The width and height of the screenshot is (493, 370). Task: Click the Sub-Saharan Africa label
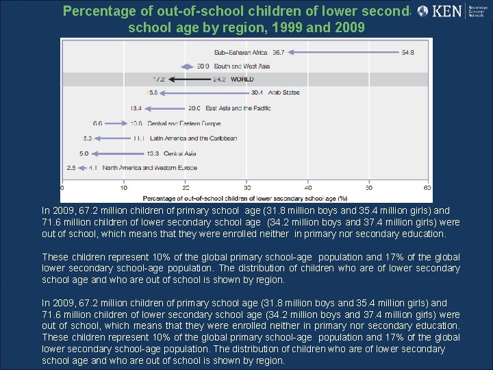241,52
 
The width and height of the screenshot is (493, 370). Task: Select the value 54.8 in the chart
408,52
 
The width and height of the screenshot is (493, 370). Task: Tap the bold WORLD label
242,79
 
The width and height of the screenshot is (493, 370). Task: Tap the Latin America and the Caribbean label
193,138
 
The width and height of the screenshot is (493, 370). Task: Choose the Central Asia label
180,153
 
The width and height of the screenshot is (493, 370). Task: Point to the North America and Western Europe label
149,168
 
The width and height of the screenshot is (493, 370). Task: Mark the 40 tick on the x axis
307,188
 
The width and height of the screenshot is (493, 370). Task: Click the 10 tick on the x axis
124,188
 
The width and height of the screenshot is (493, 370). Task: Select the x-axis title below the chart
245,197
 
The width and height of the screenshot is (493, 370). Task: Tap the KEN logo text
448,11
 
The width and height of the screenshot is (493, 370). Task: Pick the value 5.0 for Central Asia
84,153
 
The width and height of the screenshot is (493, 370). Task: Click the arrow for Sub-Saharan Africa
342,52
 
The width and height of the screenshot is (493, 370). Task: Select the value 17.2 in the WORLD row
159,79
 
